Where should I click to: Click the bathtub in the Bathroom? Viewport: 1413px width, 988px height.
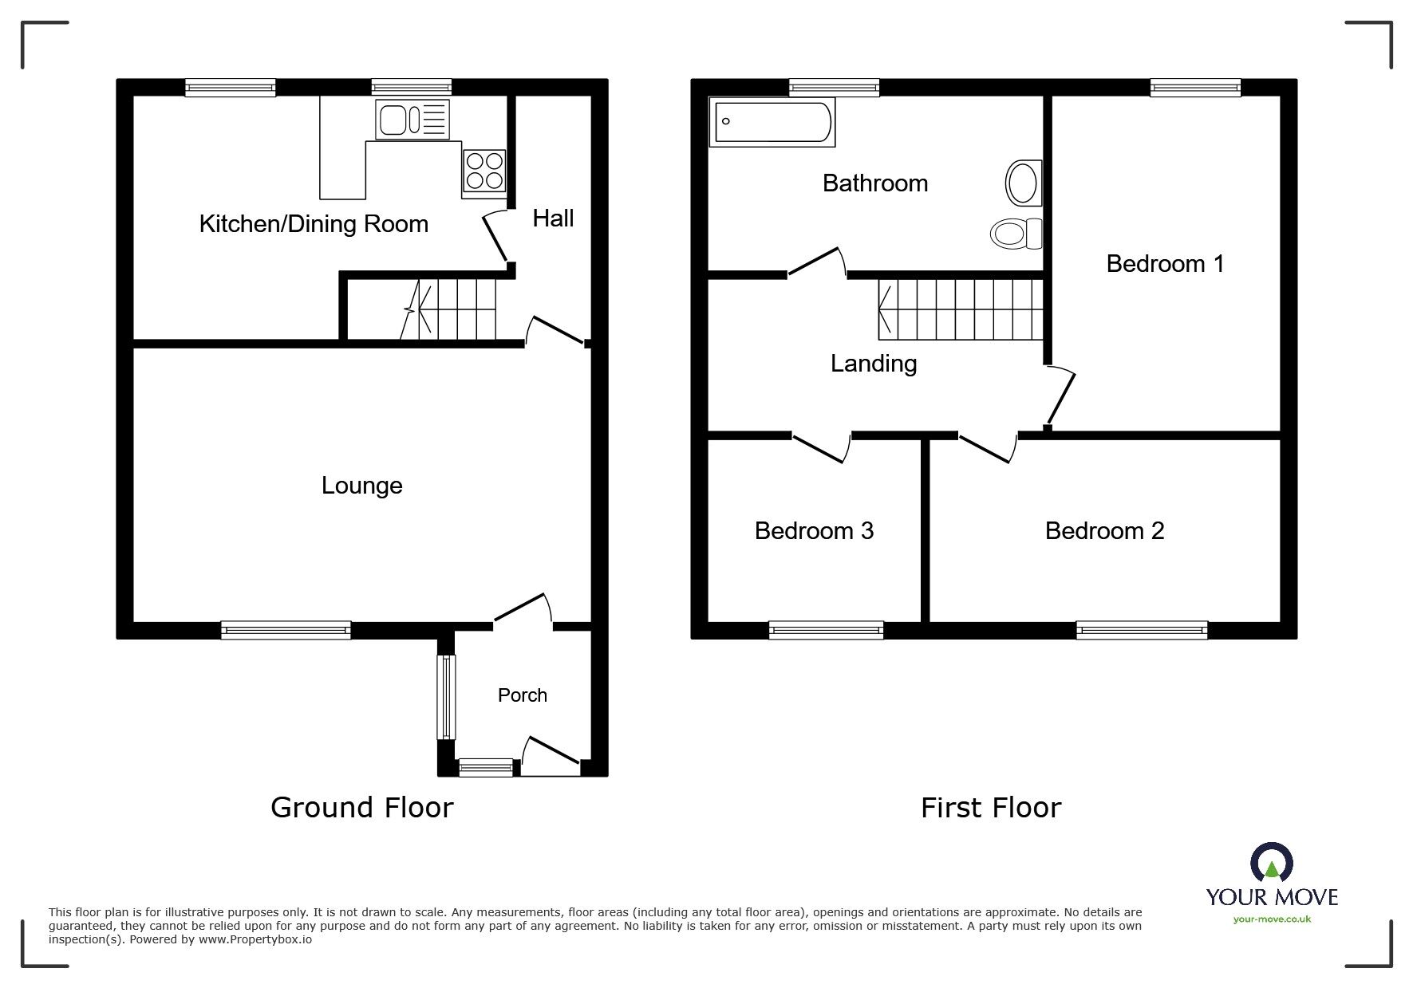tap(772, 123)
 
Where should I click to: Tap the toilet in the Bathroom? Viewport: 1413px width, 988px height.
tap(1016, 234)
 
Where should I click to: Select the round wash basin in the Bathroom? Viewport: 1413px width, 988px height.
tap(1023, 183)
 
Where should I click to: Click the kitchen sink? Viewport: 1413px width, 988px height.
tap(412, 120)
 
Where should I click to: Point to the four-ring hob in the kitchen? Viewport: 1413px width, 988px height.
tap(483, 171)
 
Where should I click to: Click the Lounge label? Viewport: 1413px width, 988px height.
tap(361, 486)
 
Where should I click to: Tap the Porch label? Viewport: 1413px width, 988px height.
tap(522, 695)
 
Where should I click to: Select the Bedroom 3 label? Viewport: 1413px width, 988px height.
tap(814, 531)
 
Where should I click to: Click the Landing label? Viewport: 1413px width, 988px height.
tap(873, 364)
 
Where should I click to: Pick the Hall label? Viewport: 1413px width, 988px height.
tap(553, 218)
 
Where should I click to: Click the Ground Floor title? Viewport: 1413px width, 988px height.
tap(361, 808)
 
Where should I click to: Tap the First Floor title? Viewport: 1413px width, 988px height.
tap(990, 808)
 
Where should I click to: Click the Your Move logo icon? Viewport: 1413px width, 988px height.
tap(1271, 864)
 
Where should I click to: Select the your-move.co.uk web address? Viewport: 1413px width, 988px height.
tap(1272, 919)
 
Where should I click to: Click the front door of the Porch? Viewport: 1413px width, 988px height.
tap(551, 754)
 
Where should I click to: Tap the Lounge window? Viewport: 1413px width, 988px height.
tap(286, 630)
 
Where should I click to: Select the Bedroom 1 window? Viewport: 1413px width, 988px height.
tap(1194, 88)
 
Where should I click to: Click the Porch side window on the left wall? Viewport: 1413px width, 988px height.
tap(446, 696)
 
